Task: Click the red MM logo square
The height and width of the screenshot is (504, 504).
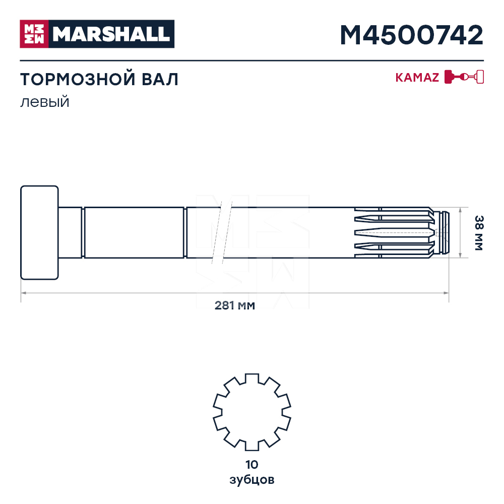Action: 34,34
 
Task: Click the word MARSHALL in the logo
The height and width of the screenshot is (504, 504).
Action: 111,34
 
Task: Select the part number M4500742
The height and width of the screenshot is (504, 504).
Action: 411,35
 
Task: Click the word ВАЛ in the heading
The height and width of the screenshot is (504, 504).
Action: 160,80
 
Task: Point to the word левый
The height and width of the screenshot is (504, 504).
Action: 45,102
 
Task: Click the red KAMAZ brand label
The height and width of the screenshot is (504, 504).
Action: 417,78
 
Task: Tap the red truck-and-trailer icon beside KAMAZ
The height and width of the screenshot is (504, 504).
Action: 464,77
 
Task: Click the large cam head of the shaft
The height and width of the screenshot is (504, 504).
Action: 39,232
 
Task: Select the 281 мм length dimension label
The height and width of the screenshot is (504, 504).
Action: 235,305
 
